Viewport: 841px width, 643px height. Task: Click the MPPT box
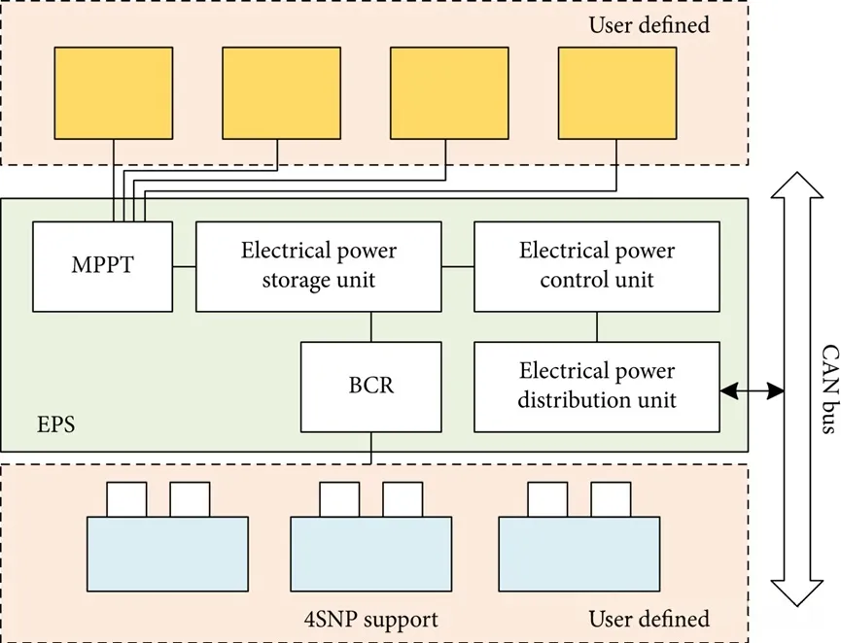(x=103, y=265)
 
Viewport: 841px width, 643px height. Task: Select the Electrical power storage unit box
(x=319, y=265)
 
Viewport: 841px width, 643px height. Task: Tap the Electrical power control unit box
(x=597, y=265)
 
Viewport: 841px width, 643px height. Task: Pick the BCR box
(x=371, y=387)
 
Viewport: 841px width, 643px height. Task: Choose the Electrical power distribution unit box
(x=597, y=386)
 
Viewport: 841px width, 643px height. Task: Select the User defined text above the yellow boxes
(x=648, y=24)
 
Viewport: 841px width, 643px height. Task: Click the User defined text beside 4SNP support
(x=648, y=619)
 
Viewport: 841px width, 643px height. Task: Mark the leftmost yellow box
(x=114, y=92)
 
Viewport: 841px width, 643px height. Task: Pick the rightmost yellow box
(x=618, y=92)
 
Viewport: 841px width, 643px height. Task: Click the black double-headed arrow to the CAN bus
(x=753, y=391)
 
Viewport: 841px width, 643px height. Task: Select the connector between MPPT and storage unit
(x=185, y=265)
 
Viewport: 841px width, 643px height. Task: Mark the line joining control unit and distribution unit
(x=597, y=326)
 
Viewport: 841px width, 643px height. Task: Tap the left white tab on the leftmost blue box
(x=126, y=499)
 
